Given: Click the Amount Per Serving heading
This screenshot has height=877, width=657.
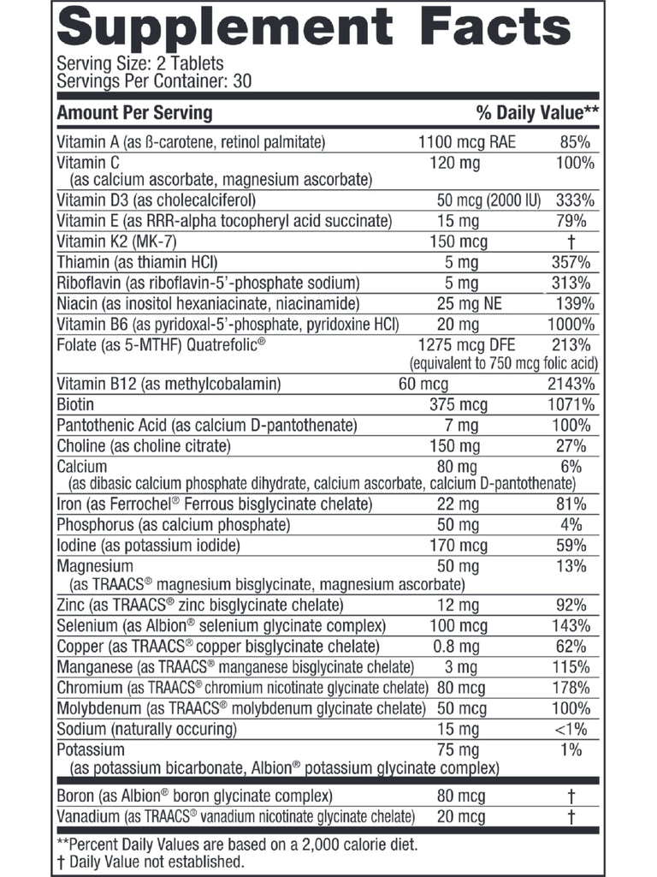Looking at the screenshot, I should click(134, 113).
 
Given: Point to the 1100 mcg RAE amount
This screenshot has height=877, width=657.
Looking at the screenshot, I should click(466, 142).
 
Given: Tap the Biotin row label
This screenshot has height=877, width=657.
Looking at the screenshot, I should click(74, 404).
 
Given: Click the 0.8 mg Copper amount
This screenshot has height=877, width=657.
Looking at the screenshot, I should click(456, 647).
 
